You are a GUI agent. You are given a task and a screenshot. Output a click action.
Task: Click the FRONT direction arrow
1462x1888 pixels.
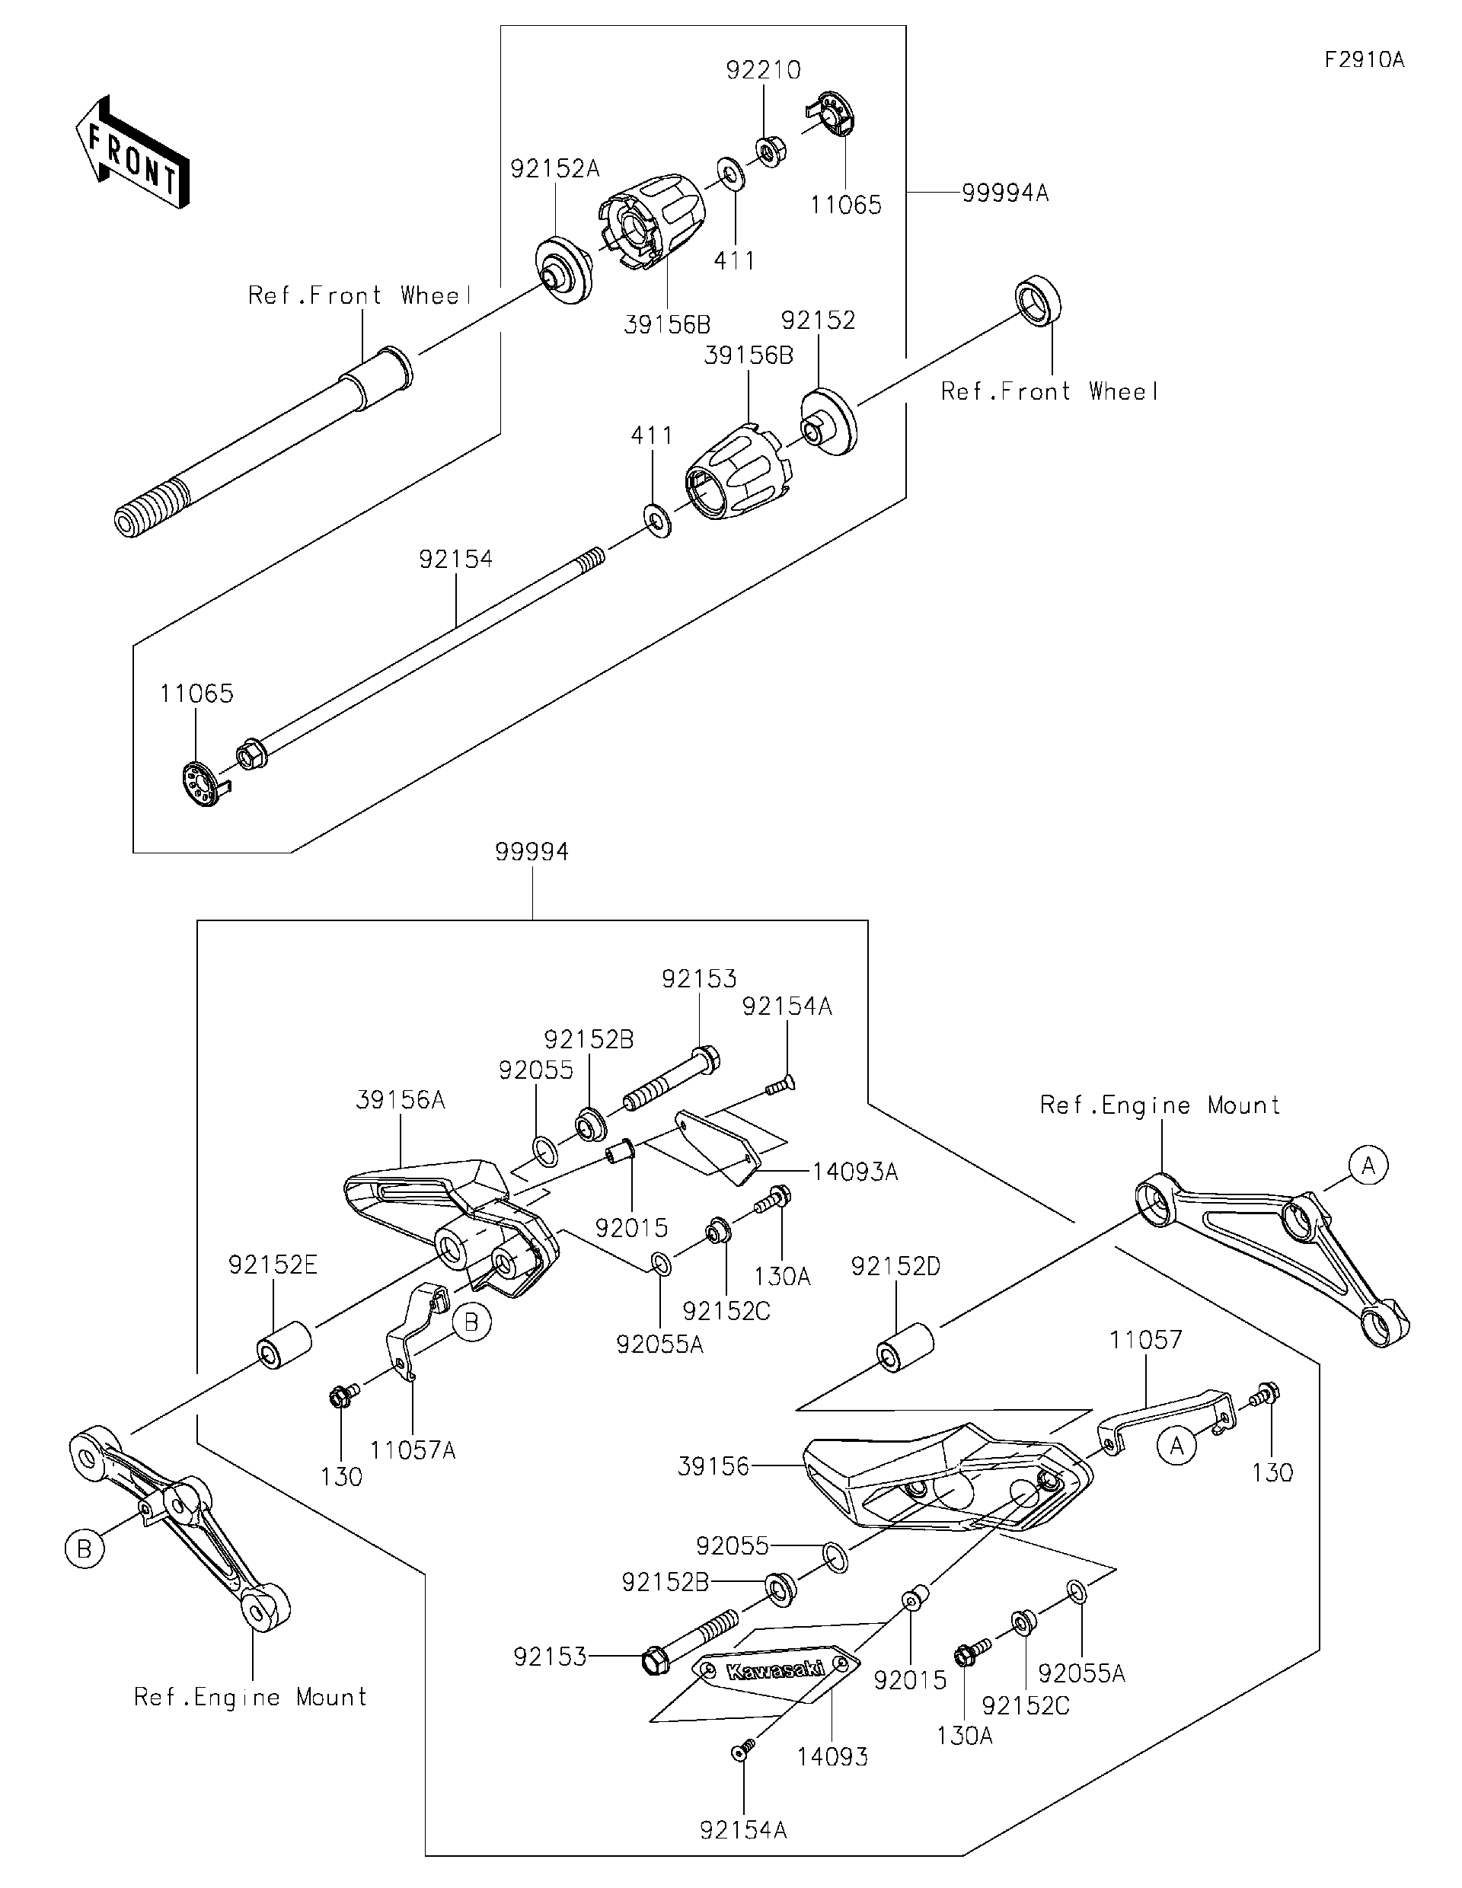[132, 151]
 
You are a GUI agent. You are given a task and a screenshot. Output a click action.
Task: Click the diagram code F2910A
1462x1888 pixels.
[1364, 59]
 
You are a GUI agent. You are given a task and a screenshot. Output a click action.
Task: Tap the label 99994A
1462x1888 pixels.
[1004, 193]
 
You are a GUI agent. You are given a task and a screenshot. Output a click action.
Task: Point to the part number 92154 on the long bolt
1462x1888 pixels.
[455, 560]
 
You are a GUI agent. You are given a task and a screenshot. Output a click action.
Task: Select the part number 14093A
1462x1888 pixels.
[854, 1172]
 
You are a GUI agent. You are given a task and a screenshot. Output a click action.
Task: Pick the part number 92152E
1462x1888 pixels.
[273, 1265]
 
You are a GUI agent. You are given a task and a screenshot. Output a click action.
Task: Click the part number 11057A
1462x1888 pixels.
[413, 1449]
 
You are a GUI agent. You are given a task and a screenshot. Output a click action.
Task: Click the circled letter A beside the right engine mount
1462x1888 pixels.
[1368, 1166]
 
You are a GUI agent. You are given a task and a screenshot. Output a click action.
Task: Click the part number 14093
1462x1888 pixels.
[832, 1756]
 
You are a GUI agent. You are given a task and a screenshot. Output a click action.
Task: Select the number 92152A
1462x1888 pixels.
[554, 168]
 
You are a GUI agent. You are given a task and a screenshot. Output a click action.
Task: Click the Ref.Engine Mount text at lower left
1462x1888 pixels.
[251, 1697]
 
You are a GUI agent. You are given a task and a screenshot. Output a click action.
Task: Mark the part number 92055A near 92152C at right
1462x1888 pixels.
[1081, 1673]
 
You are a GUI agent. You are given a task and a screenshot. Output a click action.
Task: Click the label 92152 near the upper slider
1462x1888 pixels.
[818, 321]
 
